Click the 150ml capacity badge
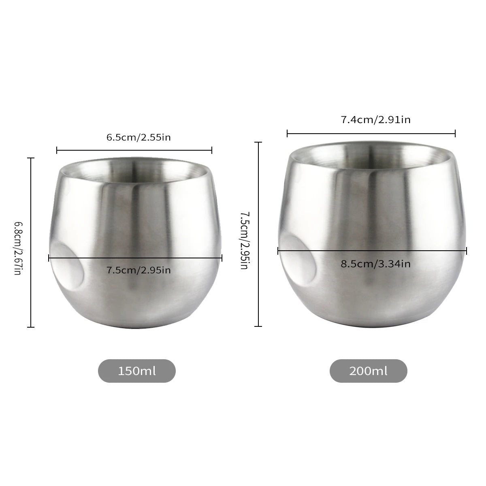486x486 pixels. coord(137,371)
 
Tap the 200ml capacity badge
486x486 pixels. coord(368,371)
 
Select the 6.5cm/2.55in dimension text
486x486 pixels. coord(139,137)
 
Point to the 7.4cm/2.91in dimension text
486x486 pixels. coord(375,119)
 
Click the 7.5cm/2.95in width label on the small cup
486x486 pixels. coord(139,270)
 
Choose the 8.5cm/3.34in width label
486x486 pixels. coord(375,264)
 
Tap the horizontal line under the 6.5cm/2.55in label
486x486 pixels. coord(134,151)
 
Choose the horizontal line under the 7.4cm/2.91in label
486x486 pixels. coord(371,133)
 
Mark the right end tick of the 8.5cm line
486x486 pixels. coord(467,251)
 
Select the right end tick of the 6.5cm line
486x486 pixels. coord(212,151)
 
